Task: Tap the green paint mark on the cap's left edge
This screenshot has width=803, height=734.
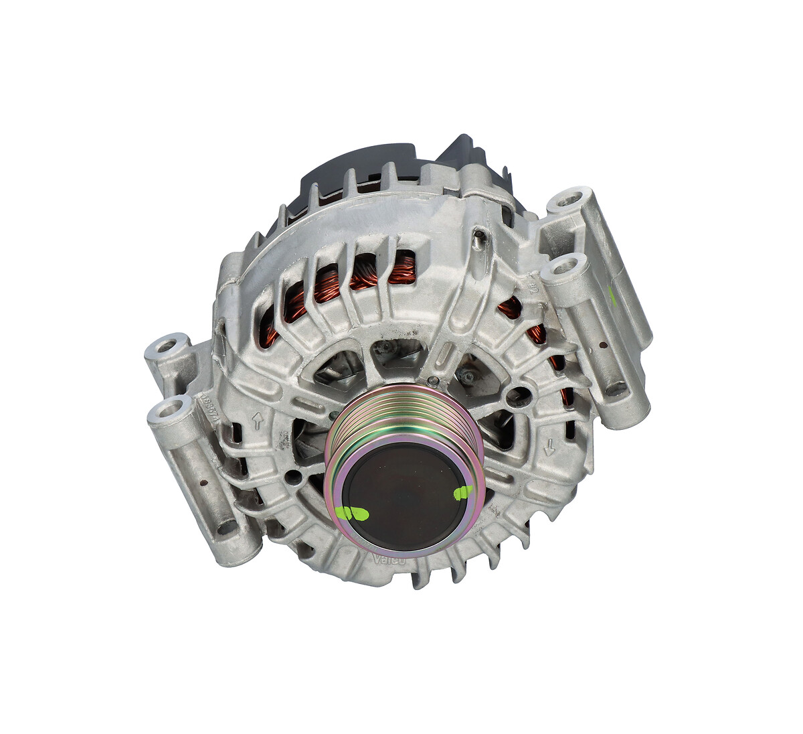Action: [353, 514]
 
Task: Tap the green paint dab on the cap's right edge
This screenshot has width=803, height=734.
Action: [462, 494]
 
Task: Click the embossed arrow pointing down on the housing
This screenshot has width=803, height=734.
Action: [550, 447]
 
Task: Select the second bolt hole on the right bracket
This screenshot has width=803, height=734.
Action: [561, 269]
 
